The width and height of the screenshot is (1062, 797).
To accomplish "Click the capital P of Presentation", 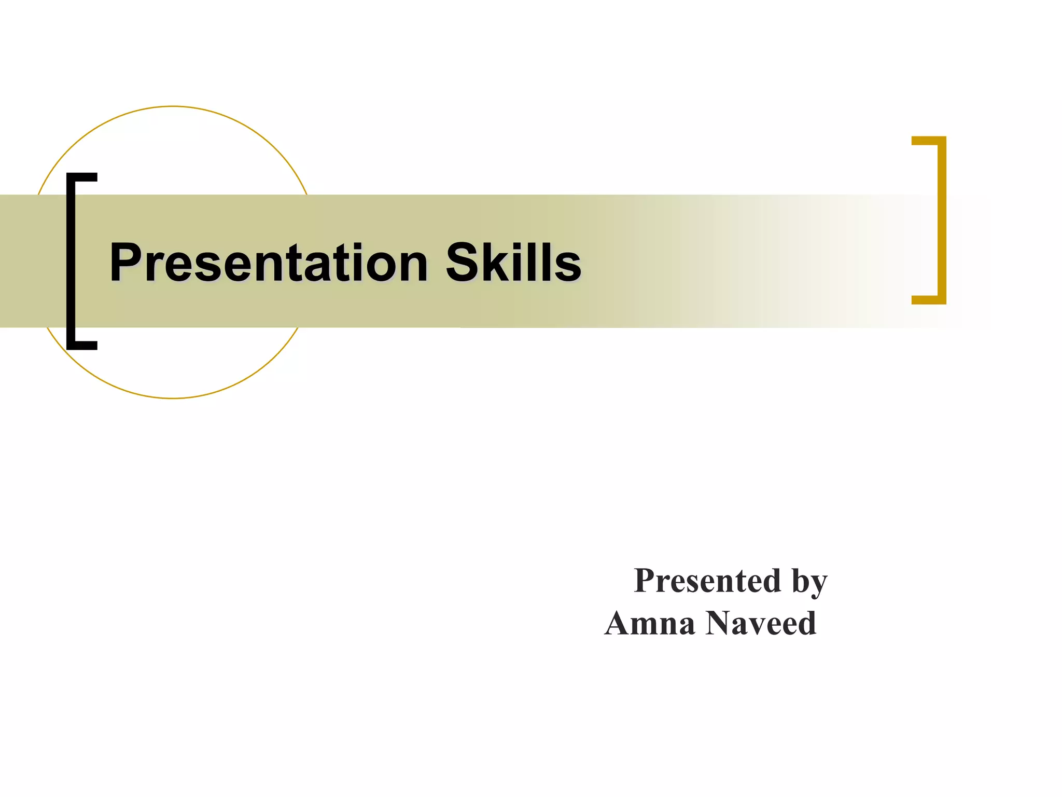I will [127, 263].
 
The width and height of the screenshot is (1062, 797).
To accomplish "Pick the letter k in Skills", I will [497, 263].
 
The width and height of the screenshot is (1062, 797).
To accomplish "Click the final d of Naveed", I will [806, 623].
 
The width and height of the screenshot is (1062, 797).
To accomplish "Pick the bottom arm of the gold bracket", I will [927, 299].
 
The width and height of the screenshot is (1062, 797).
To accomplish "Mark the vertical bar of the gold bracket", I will [942, 220].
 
